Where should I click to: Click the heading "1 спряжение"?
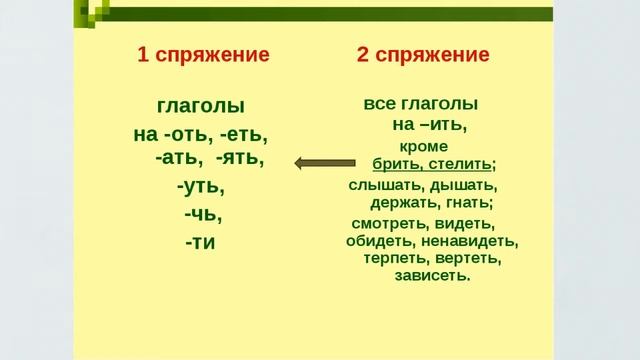coord(203,55)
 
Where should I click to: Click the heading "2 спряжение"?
coord(423,55)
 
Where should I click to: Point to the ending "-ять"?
coord(240,158)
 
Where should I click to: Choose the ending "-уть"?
coord(201,186)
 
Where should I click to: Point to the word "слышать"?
coord(385,185)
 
